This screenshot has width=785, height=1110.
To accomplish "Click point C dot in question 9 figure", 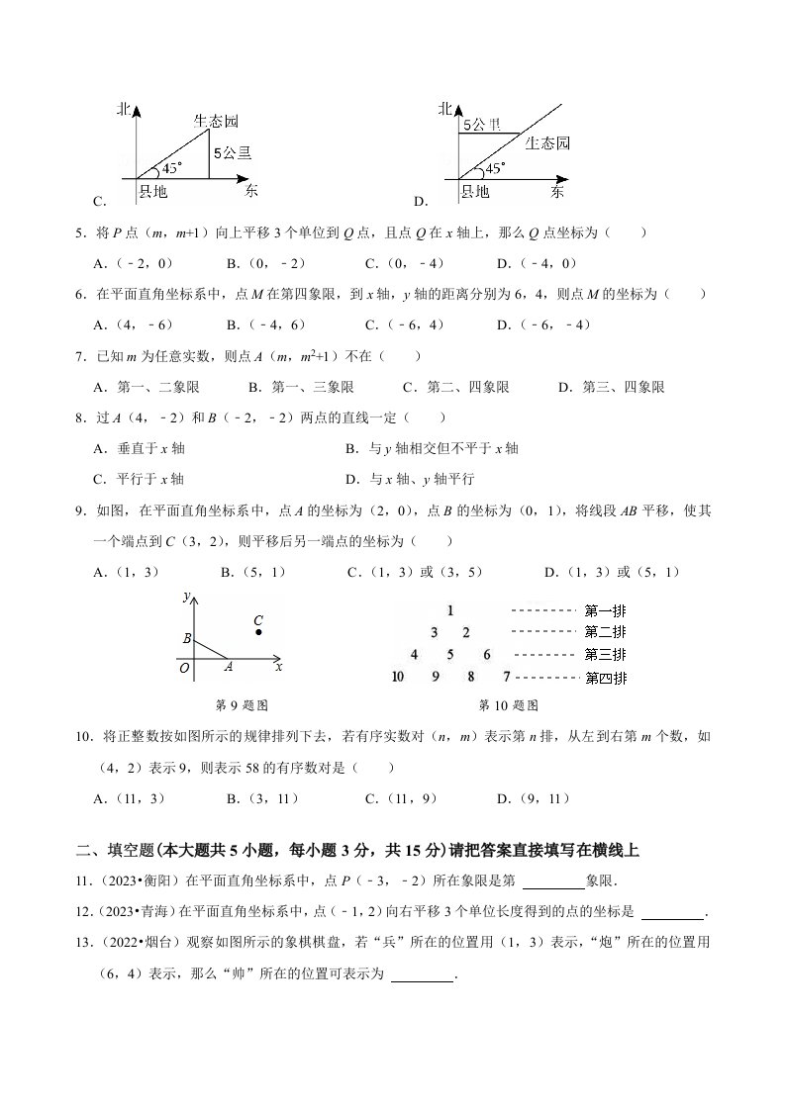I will pos(258,631).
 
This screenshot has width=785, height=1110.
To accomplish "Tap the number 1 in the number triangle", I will pos(450,611).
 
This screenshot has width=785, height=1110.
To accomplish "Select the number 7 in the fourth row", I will pos(506,677).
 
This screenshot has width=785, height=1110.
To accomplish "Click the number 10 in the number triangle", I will pos(398,677).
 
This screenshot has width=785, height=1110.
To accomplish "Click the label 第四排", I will pos(604,678).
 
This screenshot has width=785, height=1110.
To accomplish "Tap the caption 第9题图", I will pos(242,705).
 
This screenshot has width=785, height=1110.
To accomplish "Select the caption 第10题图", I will pos(508,705).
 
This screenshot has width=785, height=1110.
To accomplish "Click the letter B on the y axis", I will pos(186,638).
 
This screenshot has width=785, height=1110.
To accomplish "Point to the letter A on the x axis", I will pos(229,668).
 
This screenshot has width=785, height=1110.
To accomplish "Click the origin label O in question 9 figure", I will pos(184,669).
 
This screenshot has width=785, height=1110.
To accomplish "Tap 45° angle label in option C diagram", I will pos(170,167).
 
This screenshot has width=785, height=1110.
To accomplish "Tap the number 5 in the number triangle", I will pos(450,655).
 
